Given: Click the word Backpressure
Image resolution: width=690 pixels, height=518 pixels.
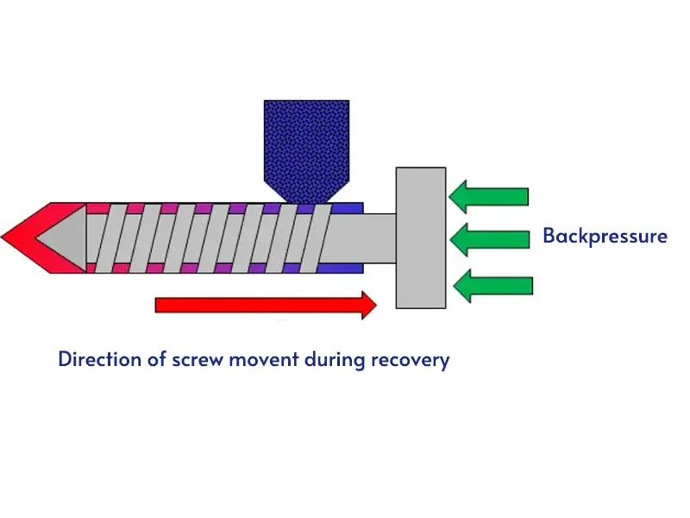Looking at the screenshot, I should pyautogui.click(x=605, y=236).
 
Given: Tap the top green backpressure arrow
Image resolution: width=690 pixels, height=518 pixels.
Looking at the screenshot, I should pyautogui.click(x=489, y=196).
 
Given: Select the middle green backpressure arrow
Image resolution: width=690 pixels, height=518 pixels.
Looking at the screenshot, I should pyautogui.click(x=489, y=239).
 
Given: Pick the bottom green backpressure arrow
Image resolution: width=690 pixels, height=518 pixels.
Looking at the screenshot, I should pyautogui.click(x=492, y=286).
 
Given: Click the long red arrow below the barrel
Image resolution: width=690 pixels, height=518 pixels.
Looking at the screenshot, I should pyautogui.click(x=259, y=304).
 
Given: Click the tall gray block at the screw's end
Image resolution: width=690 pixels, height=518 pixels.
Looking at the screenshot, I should pyautogui.click(x=421, y=237).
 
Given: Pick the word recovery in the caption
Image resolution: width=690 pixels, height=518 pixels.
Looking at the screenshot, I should pyautogui.click(x=410, y=359).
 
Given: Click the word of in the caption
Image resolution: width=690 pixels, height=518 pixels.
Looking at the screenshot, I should pyautogui.click(x=155, y=359).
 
